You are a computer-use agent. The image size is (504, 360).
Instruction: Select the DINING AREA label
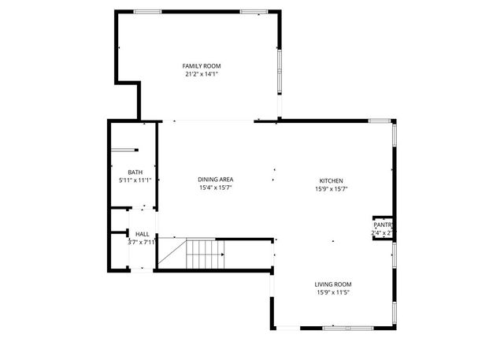[215, 180]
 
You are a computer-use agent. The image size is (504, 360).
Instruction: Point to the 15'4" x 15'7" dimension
[215, 188]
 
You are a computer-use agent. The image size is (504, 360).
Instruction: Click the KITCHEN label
[331, 180]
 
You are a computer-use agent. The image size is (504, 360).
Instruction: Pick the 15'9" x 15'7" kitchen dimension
[331, 189]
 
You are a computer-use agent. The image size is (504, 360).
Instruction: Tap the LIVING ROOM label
[333, 284]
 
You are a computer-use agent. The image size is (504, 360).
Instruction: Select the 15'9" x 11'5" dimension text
[333, 293]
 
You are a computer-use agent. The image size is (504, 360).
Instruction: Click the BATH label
[135, 173]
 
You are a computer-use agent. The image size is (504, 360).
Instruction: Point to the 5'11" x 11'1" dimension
[135, 180]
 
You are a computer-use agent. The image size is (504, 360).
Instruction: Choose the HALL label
[143, 234]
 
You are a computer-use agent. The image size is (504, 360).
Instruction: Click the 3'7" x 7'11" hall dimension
[143, 242]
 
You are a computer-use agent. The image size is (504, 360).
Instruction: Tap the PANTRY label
[384, 225]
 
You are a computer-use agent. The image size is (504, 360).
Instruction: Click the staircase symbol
[206, 255]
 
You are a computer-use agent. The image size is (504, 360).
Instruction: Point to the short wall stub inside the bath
[124, 150]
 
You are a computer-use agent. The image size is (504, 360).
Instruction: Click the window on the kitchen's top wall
[380, 121]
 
